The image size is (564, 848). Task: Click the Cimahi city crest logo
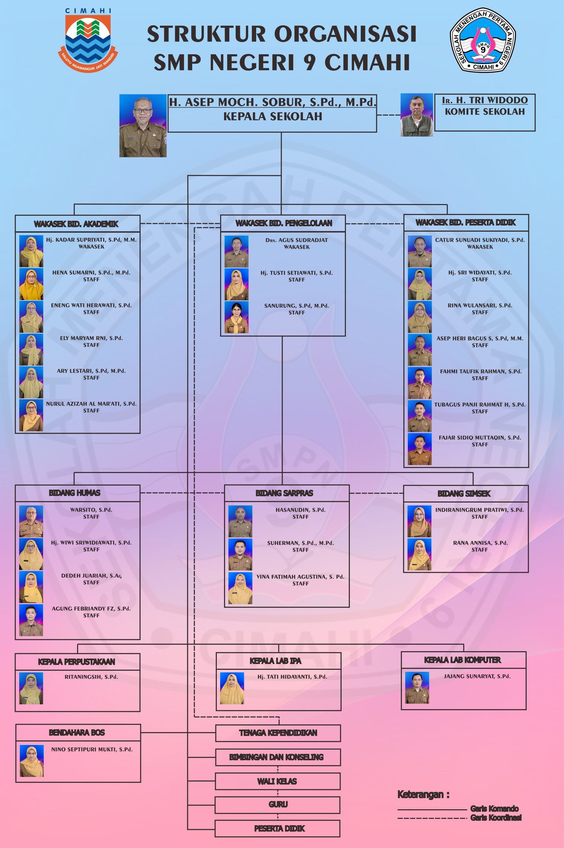pos(88,40)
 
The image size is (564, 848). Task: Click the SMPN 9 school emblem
pos(483,40)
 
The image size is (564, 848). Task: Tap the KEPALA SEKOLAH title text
pos(273,116)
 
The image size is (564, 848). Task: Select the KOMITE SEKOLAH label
pos(485,112)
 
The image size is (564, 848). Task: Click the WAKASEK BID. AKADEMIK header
pos(76,224)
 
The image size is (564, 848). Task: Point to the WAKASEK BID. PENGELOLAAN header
pos(283,223)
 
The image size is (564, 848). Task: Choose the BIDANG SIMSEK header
pos(464,494)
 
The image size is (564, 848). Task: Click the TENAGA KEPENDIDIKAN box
pos(278,732)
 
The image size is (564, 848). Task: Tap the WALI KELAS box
pos(277,781)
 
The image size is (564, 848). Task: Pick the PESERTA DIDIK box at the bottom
pos(279,828)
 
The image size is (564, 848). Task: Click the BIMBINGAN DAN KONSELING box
pos(277,757)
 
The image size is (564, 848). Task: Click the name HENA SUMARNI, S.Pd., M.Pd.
pos(91,273)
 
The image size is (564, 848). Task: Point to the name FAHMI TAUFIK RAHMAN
pos(481,371)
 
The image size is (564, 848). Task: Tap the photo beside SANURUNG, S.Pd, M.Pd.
pos(236,317)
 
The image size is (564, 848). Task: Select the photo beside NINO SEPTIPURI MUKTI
pos(32,761)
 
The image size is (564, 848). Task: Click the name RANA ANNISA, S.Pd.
pos(480,543)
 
